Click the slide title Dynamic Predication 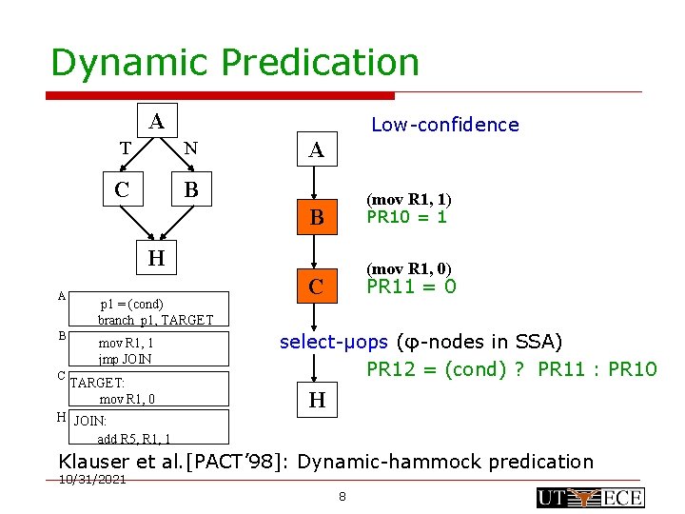point(234,63)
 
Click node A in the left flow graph point(157,121)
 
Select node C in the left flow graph point(122,189)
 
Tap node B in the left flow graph point(191,189)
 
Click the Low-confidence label point(444,125)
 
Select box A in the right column point(317,149)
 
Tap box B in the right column point(317,218)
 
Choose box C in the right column point(317,286)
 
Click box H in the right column point(317,401)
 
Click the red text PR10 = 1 point(407,217)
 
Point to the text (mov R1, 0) point(409,268)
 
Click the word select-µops point(333,342)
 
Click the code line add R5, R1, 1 point(134,439)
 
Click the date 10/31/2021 point(92,480)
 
